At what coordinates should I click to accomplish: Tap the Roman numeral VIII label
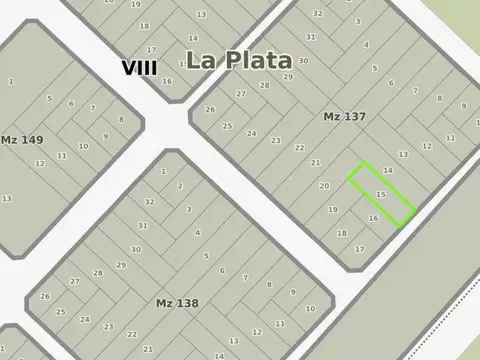[x=139, y=68]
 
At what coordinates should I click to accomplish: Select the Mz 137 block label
[x=344, y=117]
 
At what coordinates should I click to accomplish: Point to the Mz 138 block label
[x=177, y=302]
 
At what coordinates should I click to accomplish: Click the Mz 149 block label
[x=21, y=140]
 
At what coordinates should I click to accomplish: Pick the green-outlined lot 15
[x=381, y=194]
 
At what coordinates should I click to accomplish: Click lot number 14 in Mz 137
[x=388, y=171]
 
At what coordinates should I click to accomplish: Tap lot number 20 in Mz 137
[x=324, y=186]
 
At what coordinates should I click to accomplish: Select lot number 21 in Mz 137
[x=315, y=163]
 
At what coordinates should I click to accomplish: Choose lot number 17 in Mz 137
[x=360, y=248]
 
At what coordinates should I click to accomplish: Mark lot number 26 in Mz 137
[x=210, y=109]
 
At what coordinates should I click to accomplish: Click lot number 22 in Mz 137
[x=299, y=148]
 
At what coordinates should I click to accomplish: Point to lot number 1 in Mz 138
[x=163, y=171]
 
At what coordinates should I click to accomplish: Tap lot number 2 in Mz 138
[x=180, y=186]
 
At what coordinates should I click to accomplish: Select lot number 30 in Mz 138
[x=136, y=249]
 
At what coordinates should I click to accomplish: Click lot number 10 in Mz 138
[x=310, y=308]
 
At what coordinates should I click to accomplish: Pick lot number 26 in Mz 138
[x=45, y=296]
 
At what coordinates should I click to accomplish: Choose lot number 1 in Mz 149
[x=11, y=81]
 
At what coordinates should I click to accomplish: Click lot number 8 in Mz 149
[x=121, y=119]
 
